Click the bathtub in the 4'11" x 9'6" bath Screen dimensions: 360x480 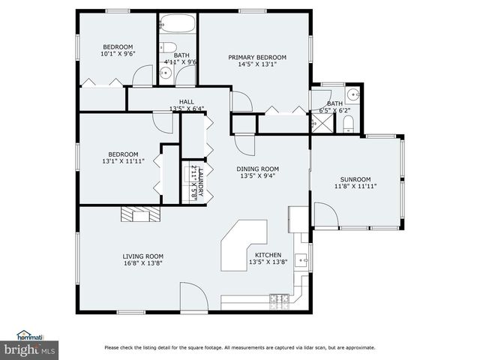tap(178, 24)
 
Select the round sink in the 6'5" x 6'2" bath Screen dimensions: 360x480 tap(352, 94)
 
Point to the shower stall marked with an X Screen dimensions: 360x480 tap(321, 124)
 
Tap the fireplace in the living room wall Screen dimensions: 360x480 tap(140, 214)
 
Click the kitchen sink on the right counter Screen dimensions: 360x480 tap(301, 260)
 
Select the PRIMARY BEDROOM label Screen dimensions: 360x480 tap(257, 57)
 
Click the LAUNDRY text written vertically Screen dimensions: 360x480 tap(199, 183)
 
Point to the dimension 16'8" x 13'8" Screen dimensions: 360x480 tap(143, 263)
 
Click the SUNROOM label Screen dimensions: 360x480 tap(355, 179)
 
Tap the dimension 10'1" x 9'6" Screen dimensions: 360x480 tap(118, 54)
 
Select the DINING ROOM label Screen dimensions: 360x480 tap(258, 169)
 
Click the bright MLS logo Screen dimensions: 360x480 tap(30, 349)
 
